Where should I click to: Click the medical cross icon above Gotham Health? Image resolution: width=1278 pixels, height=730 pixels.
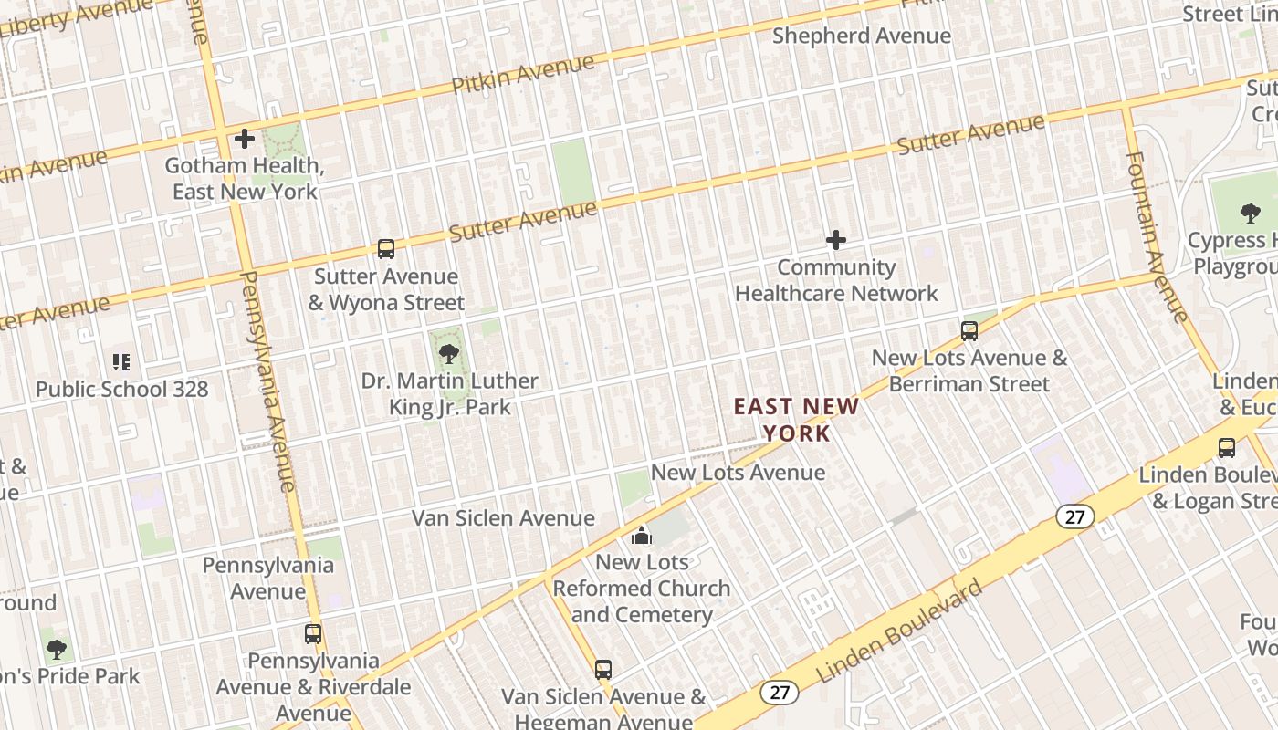[x=244, y=139]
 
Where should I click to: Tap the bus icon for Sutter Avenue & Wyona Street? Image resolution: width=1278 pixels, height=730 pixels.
[x=386, y=249]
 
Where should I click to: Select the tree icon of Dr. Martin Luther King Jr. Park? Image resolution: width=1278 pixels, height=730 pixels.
[x=448, y=353]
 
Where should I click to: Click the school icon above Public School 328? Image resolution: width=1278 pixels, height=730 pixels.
[x=121, y=362]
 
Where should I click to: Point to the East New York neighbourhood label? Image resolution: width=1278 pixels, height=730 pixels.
[x=797, y=419]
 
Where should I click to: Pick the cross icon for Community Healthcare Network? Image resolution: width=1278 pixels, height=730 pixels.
[x=835, y=240]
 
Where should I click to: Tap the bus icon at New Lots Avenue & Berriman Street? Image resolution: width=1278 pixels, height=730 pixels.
[x=969, y=331]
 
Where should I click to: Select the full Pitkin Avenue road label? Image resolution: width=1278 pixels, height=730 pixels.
[x=523, y=75]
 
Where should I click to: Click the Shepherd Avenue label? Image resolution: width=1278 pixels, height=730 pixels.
[x=861, y=36]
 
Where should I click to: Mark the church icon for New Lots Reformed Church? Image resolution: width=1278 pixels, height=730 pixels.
[x=642, y=536]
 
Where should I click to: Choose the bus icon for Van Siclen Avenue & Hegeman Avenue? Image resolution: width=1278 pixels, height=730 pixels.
[x=602, y=670]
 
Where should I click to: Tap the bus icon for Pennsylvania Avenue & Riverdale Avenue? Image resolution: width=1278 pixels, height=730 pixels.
[x=313, y=633]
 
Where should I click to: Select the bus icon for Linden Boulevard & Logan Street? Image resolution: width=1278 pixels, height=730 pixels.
[x=1227, y=448]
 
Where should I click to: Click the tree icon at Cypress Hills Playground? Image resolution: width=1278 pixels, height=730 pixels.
[x=1250, y=214]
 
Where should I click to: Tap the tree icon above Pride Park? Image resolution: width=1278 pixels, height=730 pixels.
[x=57, y=650]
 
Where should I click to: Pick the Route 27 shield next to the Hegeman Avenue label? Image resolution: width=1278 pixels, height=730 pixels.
[x=780, y=693]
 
